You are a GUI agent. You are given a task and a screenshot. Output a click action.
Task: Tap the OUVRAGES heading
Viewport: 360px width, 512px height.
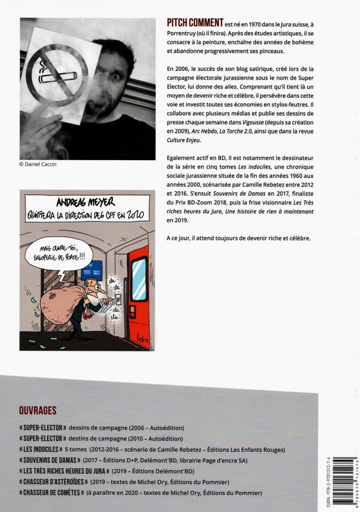(x=38, y=411)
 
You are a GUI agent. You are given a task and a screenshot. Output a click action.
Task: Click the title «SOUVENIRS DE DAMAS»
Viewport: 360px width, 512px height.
(x=50, y=460)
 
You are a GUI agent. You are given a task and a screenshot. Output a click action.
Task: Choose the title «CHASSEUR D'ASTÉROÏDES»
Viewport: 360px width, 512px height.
(x=58, y=482)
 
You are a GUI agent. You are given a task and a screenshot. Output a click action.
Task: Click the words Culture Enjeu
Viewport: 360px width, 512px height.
(x=183, y=140)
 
